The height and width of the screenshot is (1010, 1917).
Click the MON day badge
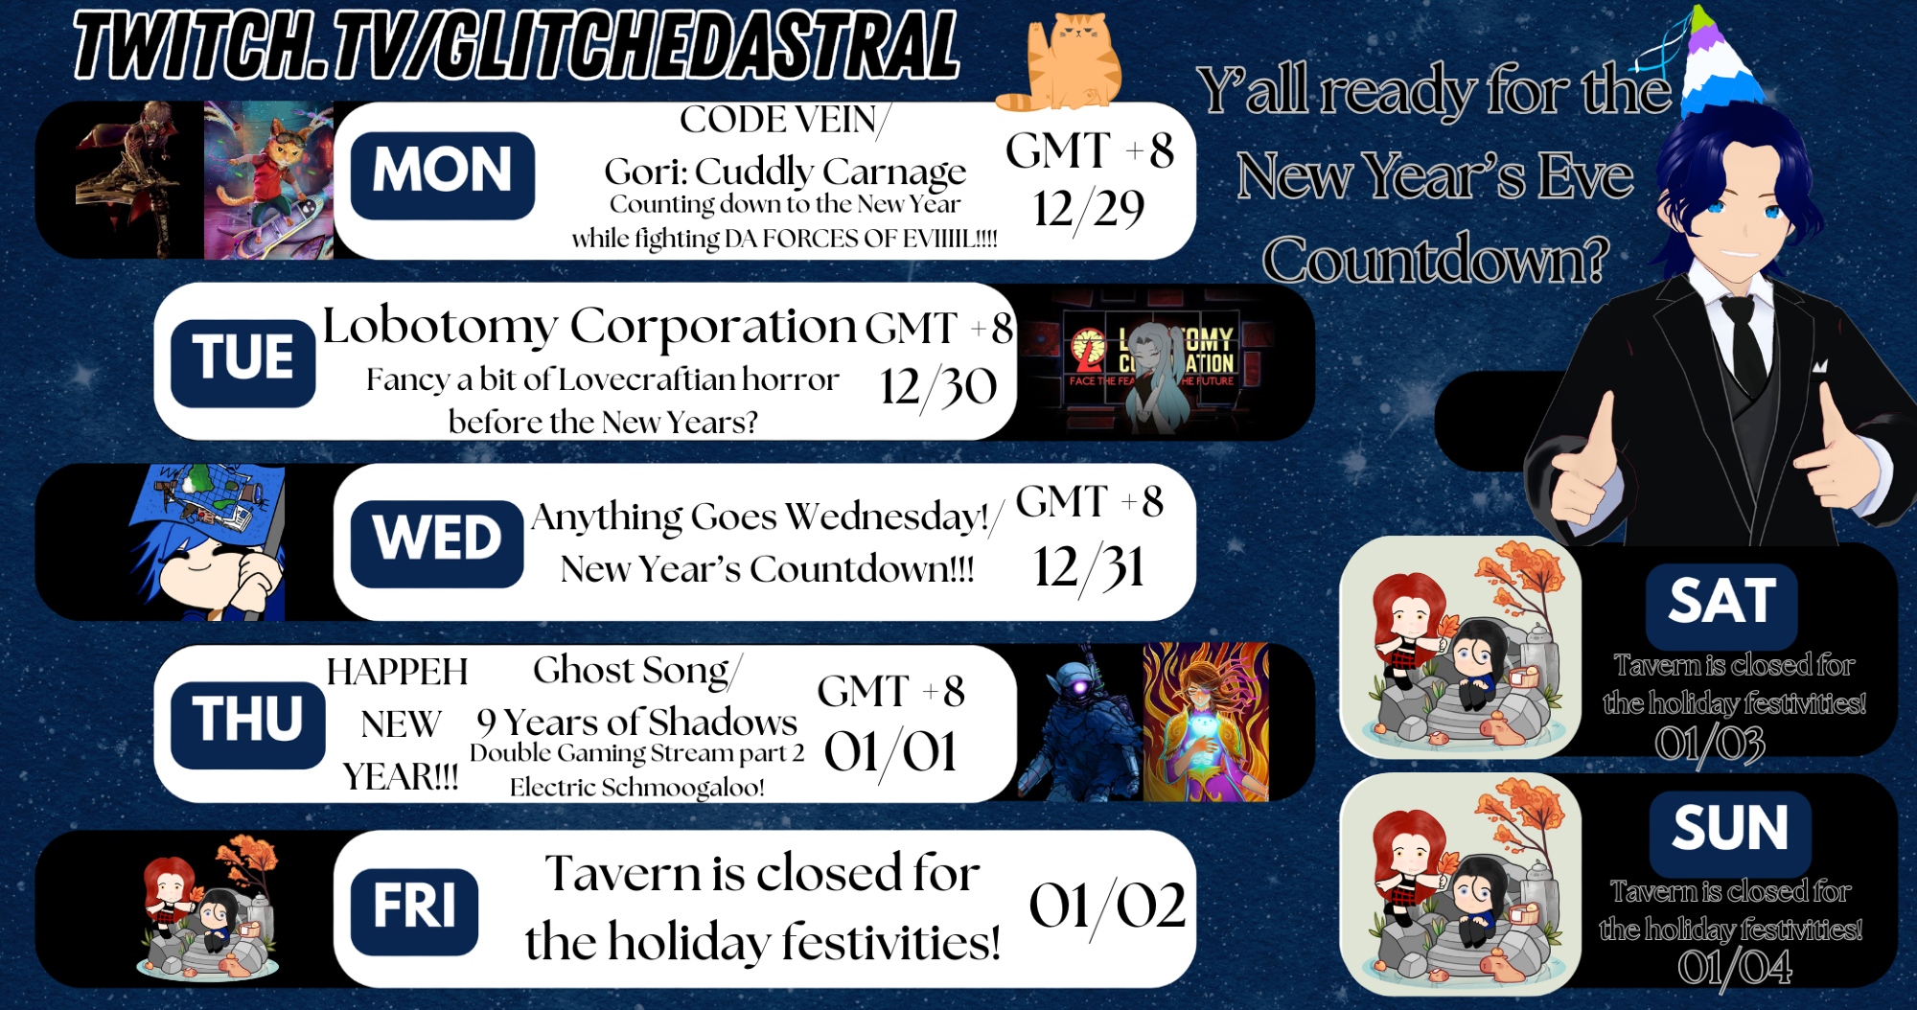coord(442,175)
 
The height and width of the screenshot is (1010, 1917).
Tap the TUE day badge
coord(243,363)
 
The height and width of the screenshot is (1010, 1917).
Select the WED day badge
coord(437,543)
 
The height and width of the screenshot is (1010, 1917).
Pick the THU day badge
coord(248,725)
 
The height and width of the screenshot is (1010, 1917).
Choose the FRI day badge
coord(414,911)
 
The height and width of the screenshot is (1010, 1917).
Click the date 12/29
coord(1089,210)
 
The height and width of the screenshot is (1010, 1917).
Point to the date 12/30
coord(938,388)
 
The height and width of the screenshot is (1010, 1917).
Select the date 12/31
coord(1089,567)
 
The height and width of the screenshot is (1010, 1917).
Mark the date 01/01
coord(890,752)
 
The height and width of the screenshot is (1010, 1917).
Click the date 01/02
coord(1107,907)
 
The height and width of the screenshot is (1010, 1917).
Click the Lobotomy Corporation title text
coord(589,327)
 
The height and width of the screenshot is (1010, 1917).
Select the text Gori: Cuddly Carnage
coord(785,172)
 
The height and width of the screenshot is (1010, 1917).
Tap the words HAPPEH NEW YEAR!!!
coord(399,724)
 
